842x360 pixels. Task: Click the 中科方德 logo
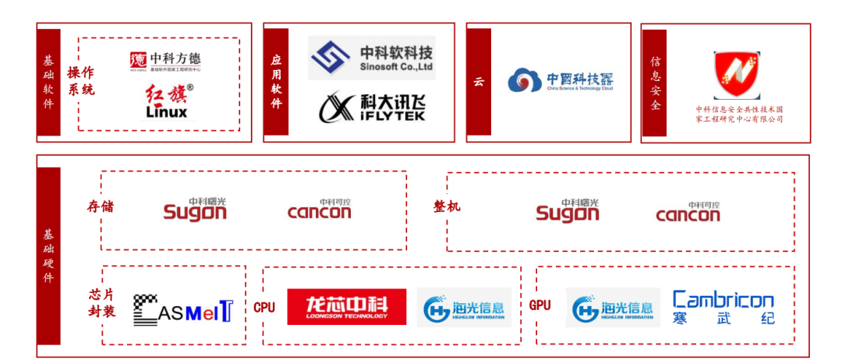165,60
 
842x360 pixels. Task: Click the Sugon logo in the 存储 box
195,209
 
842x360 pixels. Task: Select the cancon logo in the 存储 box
319,210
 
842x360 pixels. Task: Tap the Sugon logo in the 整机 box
568,209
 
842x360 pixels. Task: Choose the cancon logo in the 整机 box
688,211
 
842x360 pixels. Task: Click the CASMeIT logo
182,309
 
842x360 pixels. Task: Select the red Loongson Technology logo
347,306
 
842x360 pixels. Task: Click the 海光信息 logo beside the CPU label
464,307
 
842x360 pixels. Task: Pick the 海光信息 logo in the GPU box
613,307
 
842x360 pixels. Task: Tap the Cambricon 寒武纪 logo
723,307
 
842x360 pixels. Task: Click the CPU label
264,307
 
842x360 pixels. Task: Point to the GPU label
540,305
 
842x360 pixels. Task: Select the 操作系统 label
80,81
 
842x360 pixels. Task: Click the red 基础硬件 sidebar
49,256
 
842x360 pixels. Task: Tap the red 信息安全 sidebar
655,83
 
